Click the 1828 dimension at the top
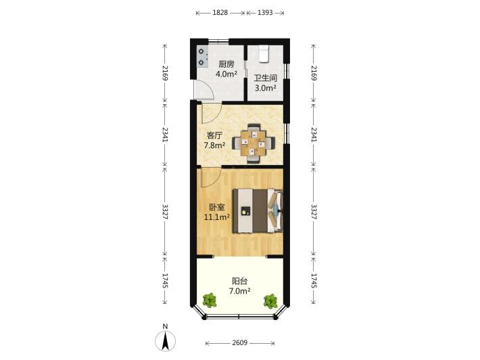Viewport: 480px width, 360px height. coord(220,13)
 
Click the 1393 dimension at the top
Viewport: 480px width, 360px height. coord(265,13)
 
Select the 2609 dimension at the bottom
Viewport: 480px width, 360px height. coord(240,343)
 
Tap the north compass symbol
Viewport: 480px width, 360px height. coord(166,340)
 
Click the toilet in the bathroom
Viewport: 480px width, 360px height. coord(264,53)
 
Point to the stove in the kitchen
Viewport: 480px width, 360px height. coord(202,58)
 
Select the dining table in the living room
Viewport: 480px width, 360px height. coord(253,143)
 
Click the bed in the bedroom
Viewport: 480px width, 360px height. coord(258,211)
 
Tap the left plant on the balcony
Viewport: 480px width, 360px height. coord(210,300)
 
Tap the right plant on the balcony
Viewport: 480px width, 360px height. coord(270,301)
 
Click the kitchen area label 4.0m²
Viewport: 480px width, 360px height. coord(226,74)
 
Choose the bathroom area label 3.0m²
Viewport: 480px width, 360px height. coord(266,88)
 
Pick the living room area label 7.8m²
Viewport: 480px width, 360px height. coord(214,145)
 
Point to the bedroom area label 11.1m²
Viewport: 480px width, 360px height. coord(217,217)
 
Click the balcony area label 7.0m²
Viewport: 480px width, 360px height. coord(240,291)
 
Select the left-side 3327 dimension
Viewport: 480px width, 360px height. coord(165,211)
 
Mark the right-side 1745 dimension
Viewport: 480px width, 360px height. coord(314,281)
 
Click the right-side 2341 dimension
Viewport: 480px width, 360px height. coord(314,134)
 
